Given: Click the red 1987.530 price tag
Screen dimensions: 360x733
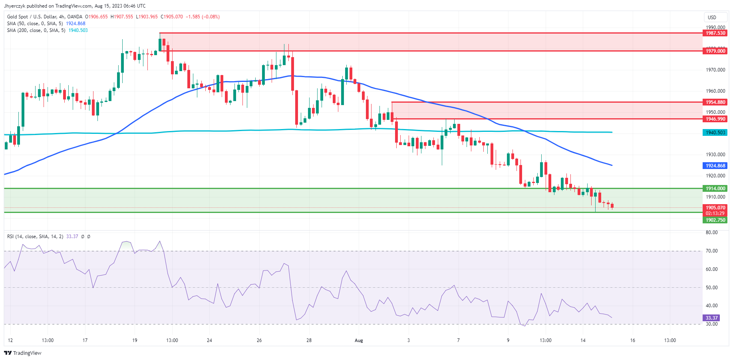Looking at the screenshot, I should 715,33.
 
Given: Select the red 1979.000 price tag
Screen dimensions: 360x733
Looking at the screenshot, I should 715,51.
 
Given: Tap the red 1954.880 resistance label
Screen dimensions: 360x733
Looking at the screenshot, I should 715,102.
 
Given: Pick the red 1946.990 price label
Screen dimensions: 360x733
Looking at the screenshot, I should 715,119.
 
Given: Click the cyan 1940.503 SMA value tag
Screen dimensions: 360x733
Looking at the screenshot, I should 715,133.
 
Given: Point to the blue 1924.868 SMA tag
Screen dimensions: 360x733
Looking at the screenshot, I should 715,166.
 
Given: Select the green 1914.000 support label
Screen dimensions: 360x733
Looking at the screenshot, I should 715,189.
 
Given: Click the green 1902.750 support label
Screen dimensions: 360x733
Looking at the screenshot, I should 715,220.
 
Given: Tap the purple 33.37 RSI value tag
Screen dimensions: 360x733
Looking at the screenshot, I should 711,318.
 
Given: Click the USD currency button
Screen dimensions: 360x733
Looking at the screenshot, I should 712,17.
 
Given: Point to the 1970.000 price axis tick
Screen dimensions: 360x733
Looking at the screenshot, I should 715,70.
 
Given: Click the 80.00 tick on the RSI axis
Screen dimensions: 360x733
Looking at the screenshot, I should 712,233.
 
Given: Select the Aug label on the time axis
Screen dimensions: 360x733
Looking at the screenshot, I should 359,340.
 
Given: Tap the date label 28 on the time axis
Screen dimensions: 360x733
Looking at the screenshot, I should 309,340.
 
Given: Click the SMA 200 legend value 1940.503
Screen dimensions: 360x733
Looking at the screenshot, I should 78,30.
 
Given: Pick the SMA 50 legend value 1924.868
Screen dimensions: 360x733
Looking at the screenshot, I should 75,24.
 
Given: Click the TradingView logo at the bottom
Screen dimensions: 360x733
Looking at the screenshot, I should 23,353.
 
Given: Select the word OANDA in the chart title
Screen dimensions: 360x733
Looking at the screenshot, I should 75,17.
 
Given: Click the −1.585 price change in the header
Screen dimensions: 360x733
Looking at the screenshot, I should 193,17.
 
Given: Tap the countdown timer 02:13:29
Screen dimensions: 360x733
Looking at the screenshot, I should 715,213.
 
